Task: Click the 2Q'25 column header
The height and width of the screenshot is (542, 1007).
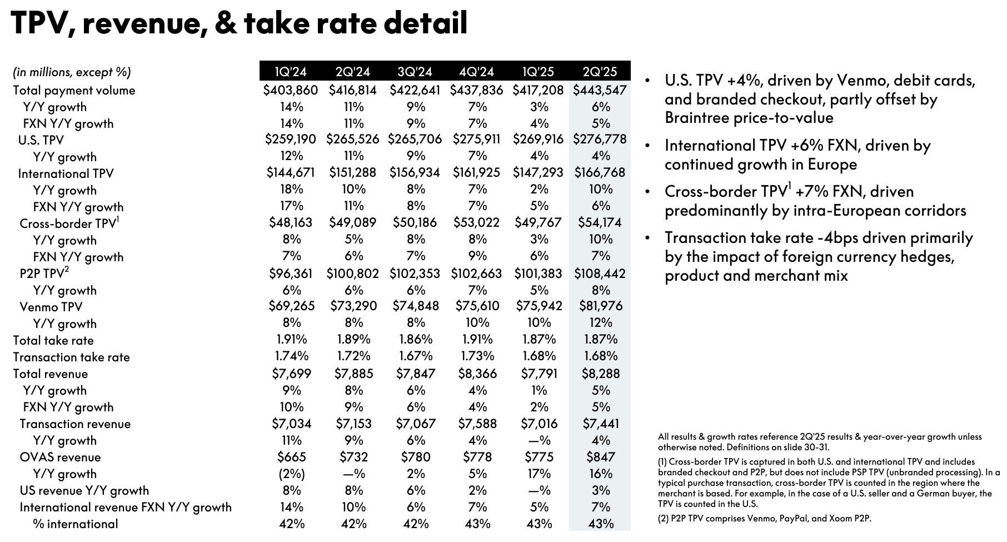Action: [x=600, y=72]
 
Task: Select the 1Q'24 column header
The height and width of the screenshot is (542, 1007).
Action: [x=291, y=72]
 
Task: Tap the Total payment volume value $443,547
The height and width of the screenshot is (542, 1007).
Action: [x=600, y=90]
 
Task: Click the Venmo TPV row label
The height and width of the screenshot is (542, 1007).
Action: [x=51, y=307]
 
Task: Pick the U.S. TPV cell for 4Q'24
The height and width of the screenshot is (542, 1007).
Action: [x=477, y=139]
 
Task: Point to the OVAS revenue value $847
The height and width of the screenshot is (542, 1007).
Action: [x=600, y=457]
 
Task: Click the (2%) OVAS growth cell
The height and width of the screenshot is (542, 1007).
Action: [x=291, y=474]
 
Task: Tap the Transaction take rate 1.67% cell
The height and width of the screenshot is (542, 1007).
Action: [x=415, y=356]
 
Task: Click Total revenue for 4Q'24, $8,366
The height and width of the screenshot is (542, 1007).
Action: [x=477, y=374]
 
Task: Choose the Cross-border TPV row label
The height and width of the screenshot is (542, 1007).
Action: [x=69, y=223]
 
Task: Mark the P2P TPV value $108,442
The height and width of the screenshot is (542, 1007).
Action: [x=600, y=274]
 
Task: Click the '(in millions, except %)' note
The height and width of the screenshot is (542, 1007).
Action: [x=72, y=72]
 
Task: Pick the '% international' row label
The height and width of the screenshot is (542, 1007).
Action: [x=76, y=524]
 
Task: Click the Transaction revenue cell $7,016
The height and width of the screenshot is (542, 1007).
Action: [x=539, y=424]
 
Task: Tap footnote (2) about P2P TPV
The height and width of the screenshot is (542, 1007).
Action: [x=765, y=519]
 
